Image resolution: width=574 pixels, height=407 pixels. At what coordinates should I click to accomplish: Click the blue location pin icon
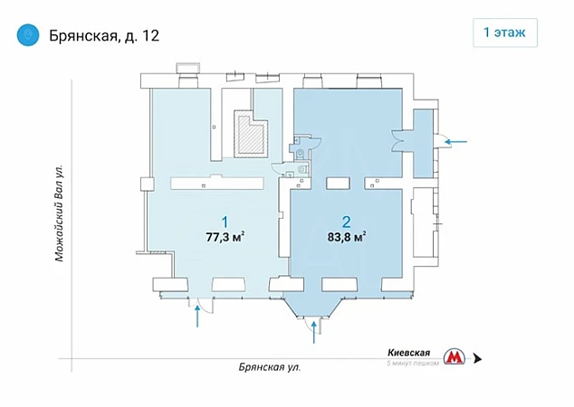28,35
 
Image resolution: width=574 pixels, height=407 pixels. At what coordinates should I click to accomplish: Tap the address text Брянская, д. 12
104,36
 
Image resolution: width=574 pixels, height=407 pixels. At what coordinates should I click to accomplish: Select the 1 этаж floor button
505,33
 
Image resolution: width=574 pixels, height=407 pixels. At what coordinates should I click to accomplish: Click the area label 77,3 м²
225,237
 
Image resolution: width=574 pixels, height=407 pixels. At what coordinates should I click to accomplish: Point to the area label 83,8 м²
347,237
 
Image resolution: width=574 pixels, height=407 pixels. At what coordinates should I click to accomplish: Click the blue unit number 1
225,222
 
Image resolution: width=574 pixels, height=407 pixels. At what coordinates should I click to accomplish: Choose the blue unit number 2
346,222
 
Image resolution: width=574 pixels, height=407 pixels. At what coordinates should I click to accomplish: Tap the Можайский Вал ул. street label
59,213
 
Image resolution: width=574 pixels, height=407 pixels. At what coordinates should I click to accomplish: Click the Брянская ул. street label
270,367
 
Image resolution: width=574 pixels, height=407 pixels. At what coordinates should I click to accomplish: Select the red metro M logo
454,357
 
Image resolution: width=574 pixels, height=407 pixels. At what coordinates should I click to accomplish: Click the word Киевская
408,353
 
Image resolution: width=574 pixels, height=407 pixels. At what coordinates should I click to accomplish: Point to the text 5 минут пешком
413,363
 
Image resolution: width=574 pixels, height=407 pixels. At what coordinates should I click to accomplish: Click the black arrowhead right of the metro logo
477,359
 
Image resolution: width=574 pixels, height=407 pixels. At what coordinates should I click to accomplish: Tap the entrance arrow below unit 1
197,317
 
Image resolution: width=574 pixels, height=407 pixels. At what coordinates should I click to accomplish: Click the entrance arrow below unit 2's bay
314,333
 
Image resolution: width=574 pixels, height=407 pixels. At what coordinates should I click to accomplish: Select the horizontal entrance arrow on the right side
455,141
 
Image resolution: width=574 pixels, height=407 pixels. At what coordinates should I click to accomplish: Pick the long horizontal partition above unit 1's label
217,183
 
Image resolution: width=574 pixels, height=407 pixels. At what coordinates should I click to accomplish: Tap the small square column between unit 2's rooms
338,184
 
